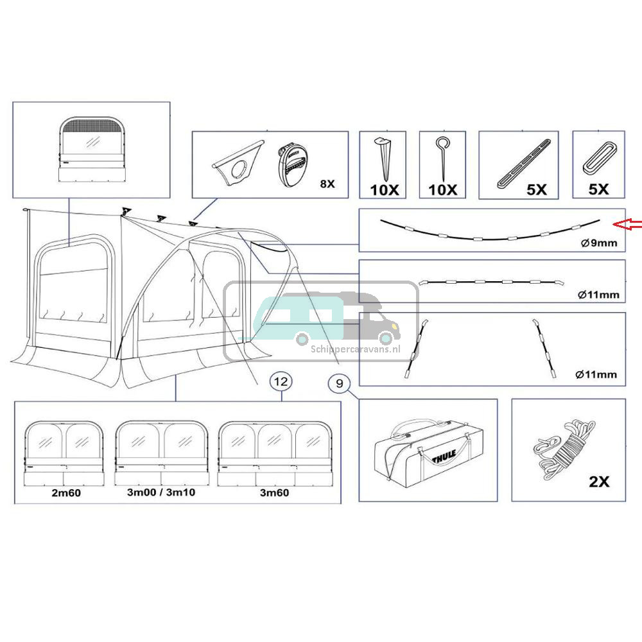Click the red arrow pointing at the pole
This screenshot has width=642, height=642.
[x=628, y=224]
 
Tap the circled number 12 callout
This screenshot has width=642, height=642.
[x=281, y=382]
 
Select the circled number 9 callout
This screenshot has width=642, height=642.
[x=340, y=384]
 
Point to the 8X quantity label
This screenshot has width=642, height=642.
[x=327, y=184]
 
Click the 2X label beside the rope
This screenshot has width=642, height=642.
[x=598, y=481]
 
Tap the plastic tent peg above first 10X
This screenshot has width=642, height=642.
[x=384, y=158]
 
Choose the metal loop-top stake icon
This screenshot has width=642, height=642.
[x=442, y=158]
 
